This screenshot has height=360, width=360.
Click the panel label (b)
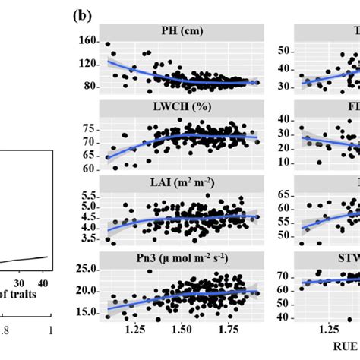click(83, 14)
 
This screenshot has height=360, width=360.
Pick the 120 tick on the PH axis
click(91, 65)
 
